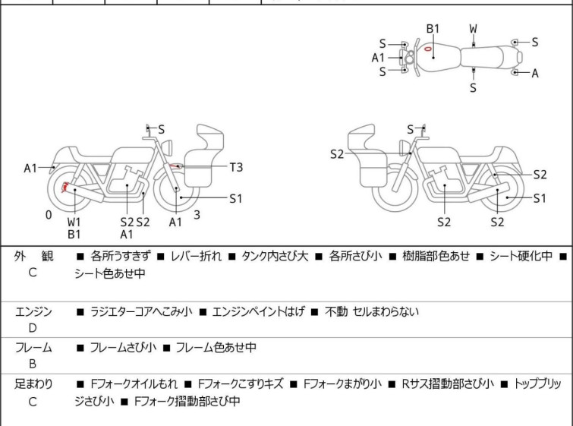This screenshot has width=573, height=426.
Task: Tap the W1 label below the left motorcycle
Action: (74, 222)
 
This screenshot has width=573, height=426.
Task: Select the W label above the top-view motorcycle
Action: (474, 29)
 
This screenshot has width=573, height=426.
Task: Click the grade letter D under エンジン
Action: (32, 328)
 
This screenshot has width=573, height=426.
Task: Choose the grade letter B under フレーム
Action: (32, 364)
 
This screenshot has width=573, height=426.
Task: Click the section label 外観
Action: (32, 257)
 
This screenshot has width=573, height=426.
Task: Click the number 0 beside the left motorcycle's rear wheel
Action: (48, 215)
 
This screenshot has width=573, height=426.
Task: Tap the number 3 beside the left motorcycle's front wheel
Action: (197, 215)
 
